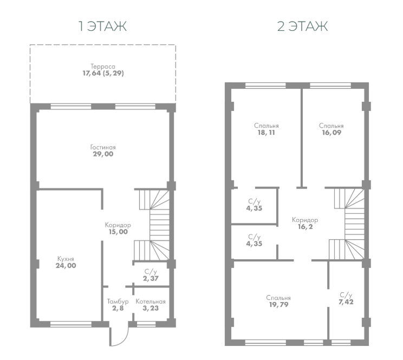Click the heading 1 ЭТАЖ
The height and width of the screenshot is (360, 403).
(102, 26)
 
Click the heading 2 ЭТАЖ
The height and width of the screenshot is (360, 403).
(302, 26)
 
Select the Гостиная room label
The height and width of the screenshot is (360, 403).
(103, 147)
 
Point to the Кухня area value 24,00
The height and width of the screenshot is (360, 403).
(66, 265)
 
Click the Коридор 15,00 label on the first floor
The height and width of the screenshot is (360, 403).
(118, 228)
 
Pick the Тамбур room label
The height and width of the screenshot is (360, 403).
(118, 301)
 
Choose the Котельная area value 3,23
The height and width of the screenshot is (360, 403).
(151, 308)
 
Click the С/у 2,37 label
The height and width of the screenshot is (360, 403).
(151, 275)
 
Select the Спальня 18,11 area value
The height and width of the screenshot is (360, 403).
(266, 133)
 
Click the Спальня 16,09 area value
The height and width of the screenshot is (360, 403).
(331, 133)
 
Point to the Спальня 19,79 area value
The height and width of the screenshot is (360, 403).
(278, 305)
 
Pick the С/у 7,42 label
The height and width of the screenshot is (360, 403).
(346, 299)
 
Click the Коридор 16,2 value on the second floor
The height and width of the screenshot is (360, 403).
(305, 227)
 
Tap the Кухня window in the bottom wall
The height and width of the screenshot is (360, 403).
(71, 324)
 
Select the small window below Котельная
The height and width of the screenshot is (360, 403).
(146, 324)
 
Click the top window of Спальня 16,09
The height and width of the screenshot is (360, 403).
(330, 86)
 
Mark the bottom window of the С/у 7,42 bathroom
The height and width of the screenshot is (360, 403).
(341, 343)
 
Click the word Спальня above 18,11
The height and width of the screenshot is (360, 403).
(266, 126)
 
